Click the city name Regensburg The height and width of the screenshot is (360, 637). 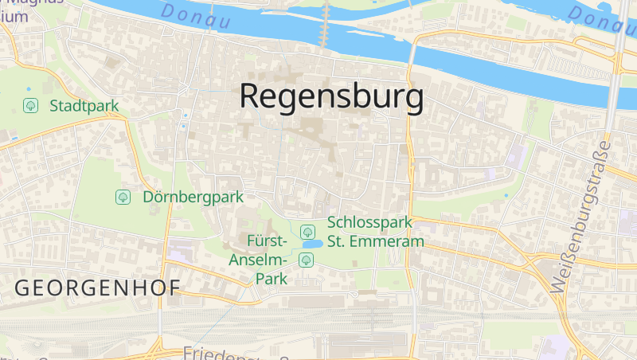point(331,97)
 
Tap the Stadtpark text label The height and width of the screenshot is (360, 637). point(84,105)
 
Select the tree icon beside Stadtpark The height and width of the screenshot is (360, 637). point(30,105)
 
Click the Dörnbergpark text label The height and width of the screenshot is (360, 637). point(193,197)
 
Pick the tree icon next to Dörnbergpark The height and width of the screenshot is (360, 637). point(123,197)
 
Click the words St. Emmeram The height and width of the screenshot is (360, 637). point(376,241)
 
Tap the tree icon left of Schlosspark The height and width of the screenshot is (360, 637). point(307,231)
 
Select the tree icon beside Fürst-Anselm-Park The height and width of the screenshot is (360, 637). point(306,260)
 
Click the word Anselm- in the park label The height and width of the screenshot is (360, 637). point(256,260)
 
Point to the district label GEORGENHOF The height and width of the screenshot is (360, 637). point(98,288)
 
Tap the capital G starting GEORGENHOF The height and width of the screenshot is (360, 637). point(24,288)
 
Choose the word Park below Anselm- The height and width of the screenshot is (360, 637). point(271,279)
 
